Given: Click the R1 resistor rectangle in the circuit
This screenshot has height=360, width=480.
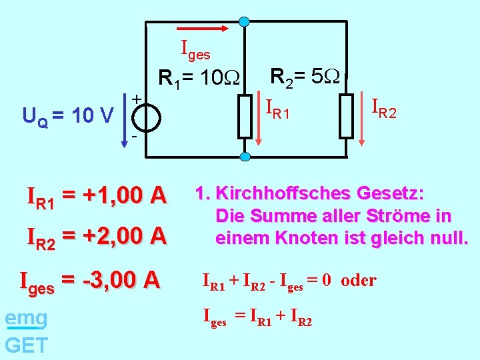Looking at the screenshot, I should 245,116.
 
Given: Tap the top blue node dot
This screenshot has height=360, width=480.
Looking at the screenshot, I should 245,21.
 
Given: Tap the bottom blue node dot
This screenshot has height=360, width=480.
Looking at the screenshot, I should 245,157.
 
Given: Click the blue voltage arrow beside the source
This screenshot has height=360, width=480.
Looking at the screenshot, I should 124,124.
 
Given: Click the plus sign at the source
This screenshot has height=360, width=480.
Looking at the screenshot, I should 135,99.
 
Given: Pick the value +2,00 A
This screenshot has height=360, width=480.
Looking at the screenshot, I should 123,235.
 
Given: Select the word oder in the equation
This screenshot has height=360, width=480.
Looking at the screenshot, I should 359,281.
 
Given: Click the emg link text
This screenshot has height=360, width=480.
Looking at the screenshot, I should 26,319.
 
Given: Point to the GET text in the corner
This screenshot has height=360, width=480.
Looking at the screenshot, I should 26,345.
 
